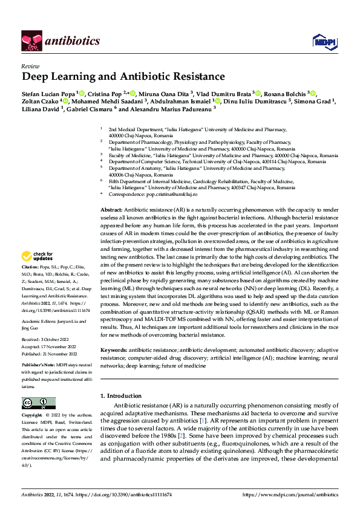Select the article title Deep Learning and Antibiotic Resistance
[x=114, y=77]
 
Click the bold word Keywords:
[x=113, y=350]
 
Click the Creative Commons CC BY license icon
[x=38, y=403]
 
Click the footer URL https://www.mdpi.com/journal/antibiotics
[x=289, y=495]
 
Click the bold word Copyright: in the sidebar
[x=33, y=416]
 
